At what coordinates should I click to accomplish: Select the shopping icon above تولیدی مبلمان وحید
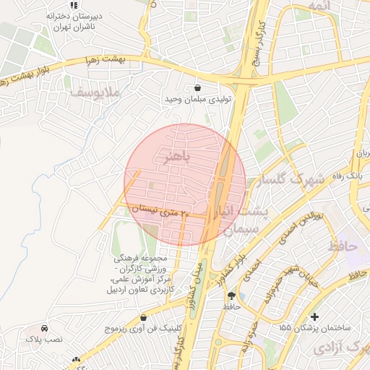pos(198,87)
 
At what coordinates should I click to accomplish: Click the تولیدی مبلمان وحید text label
pos(197,100)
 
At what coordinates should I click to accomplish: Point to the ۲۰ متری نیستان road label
pos(161,212)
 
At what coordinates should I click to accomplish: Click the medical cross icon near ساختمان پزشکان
pos(314,317)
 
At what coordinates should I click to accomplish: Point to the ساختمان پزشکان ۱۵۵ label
pos(314,328)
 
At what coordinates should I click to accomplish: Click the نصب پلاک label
pos(44,337)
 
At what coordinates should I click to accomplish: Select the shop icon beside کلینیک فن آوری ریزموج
pos(143,317)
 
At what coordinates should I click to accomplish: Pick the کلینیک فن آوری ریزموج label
pos(143,328)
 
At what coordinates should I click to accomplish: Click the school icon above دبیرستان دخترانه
pos(74,4)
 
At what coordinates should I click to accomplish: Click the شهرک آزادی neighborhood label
pos(341,348)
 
